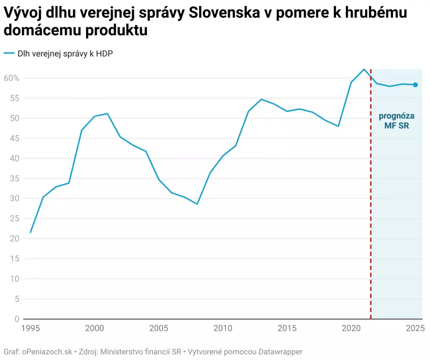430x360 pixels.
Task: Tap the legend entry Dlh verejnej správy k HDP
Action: (x=65, y=53)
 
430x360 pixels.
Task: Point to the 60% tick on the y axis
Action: (x=12, y=78)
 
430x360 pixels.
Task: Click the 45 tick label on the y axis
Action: (x=14, y=138)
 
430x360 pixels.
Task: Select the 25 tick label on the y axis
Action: (x=14, y=218)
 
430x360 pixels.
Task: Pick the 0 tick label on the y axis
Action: (x=17, y=319)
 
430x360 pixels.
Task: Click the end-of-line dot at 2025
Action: (x=415, y=85)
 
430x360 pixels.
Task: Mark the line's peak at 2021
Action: (x=364, y=69)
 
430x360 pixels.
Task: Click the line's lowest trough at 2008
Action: (x=197, y=204)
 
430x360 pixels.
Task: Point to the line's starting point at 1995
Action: (x=31, y=232)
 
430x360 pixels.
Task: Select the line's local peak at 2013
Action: (x=261, y=99)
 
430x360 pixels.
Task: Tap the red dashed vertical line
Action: (x=371, y=194)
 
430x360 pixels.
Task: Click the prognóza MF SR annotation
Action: (x=396, y=121)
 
